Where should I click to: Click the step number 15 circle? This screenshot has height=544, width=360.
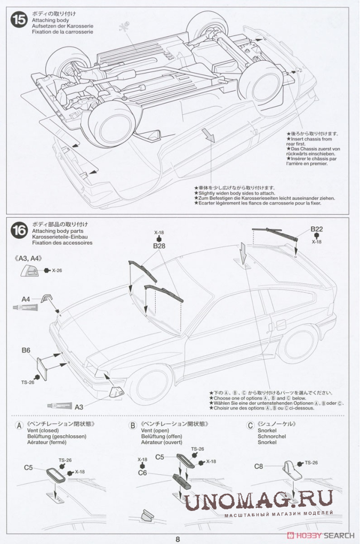tap(20, 20)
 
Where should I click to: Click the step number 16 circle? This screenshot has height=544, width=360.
tap(20, 230)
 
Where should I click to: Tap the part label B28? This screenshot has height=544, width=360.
tap(159, 246)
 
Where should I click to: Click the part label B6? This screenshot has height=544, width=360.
tap(26, 350)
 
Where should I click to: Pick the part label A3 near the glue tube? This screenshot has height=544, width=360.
tap(79, 407)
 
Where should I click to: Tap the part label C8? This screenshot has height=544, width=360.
tap(258, 466)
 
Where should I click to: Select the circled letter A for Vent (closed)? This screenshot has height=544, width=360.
tap(19, 426)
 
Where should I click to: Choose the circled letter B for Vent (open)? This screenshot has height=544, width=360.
tap(133, 426)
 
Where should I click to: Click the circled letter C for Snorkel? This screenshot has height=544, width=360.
tap(250, 426)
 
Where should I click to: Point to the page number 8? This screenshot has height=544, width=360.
tap(178, 539)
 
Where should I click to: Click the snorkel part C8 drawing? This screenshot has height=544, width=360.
tap(291, 469)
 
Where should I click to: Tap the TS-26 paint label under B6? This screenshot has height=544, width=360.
tap(28, 382)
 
